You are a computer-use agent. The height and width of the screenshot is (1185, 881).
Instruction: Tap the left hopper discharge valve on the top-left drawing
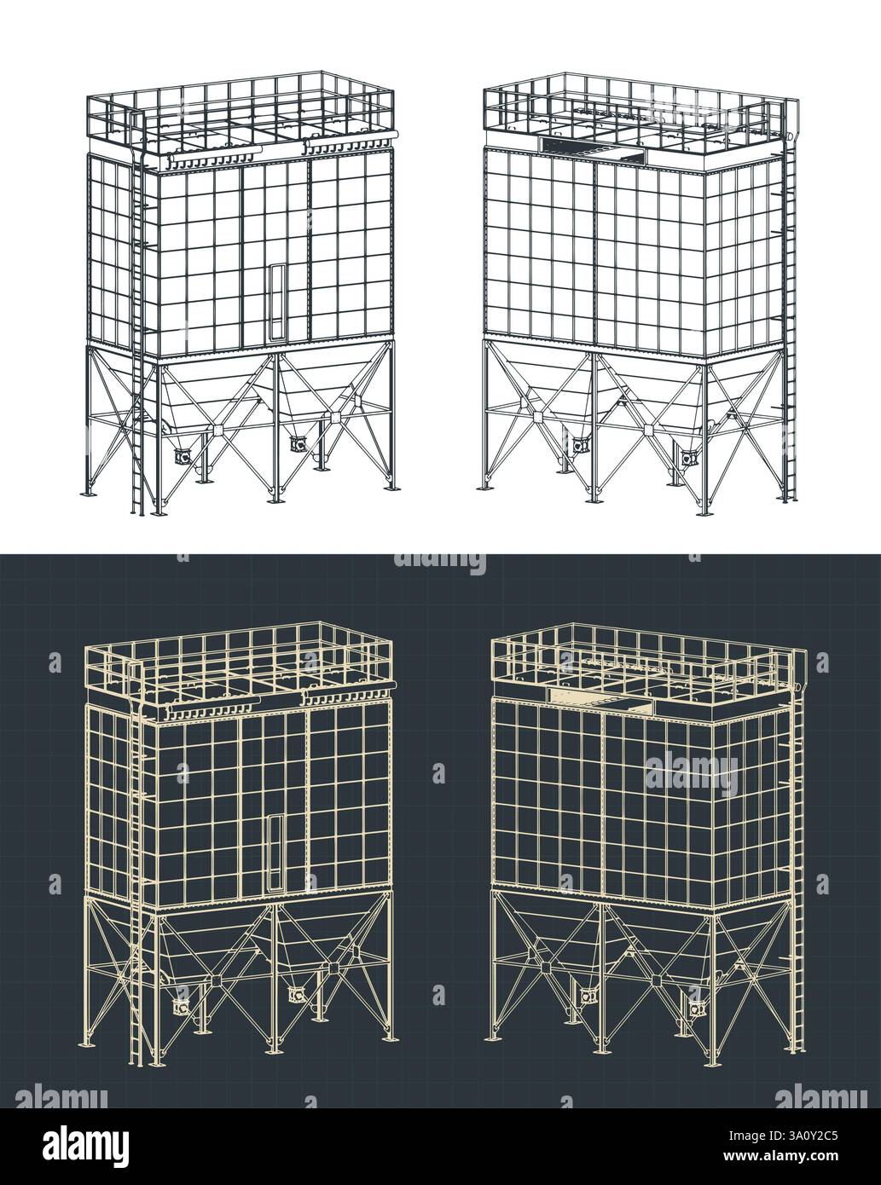(183, 456)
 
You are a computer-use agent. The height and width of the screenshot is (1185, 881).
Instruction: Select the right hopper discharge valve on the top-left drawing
(298, 444)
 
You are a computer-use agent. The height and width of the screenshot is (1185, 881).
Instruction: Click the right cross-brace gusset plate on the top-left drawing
(333, 418)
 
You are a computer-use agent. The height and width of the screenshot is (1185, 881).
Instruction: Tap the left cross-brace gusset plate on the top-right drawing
(539, 416)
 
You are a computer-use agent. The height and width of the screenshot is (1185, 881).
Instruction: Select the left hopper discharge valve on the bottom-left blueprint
(182, 1008)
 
